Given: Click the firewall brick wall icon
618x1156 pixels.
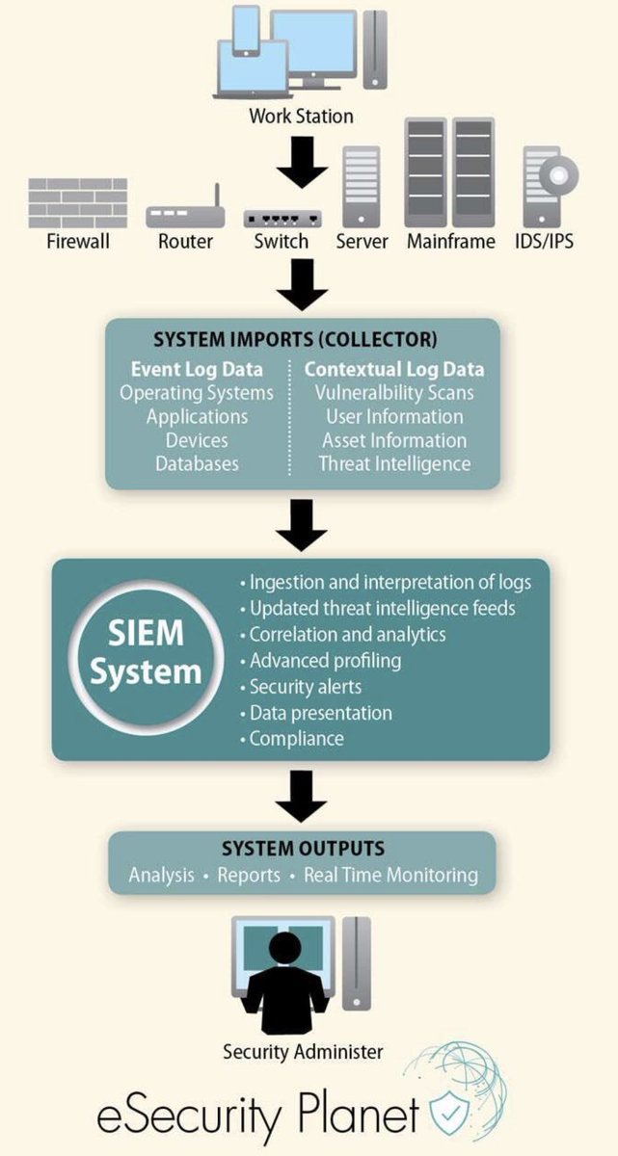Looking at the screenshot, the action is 78,201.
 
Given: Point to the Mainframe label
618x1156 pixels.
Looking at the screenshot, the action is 450,241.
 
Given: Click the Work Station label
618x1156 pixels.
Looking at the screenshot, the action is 301,117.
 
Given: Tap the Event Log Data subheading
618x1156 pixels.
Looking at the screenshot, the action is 197,370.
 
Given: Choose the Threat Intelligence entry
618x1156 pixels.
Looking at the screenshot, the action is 395,463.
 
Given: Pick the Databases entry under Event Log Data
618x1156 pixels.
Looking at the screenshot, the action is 197,463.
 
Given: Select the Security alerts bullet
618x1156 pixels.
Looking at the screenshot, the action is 305,687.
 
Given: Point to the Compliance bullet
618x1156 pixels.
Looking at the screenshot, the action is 295,739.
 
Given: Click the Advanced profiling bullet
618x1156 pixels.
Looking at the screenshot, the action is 325,661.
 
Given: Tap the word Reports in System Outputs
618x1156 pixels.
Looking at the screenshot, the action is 249,875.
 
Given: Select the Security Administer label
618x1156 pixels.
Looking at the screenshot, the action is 303,1051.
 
